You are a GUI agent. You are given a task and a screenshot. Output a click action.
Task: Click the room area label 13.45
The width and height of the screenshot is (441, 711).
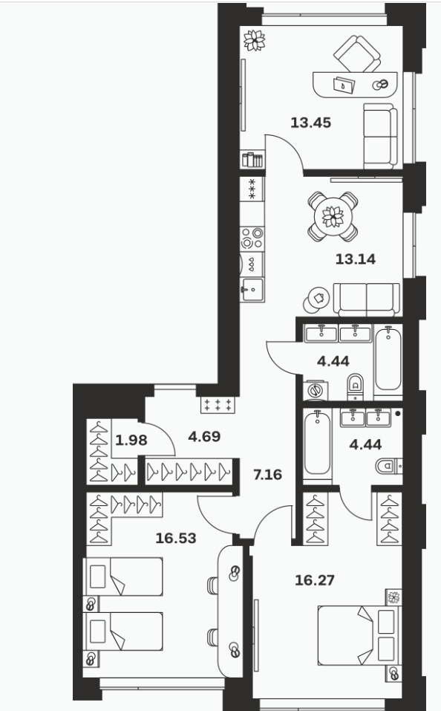click(x=310, y=123)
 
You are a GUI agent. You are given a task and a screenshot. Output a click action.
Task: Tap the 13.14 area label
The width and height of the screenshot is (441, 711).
click(x=356, y=259)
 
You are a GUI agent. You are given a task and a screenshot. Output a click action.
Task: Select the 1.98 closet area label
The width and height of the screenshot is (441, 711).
click(x=131, y=441)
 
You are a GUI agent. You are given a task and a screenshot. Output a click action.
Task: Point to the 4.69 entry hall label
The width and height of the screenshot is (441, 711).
click(x=204, y=437)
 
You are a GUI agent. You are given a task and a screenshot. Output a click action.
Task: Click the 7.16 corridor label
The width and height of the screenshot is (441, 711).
click(x=267, y=475)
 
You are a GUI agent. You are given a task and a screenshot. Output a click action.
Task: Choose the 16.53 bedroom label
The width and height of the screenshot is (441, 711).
click(x=176, y=538)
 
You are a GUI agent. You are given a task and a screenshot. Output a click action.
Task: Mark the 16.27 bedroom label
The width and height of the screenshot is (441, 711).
click(x=315, y=580)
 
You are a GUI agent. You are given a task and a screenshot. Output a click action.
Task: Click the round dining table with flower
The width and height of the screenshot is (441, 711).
click(x=333, y=216)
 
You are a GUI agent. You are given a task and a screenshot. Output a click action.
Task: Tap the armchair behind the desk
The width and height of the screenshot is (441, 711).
click(x=357, y=53)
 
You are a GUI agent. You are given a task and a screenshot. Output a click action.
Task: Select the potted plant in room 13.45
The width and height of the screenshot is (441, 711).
click(x=254, y=40)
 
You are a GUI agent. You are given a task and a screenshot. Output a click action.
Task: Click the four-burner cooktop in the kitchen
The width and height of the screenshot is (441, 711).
click(x=252, y=238)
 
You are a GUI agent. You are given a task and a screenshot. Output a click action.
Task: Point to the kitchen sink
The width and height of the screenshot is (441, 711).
click(x=252, y=290)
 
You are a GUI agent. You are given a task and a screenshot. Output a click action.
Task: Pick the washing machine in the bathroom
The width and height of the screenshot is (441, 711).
click(x=316, y=390)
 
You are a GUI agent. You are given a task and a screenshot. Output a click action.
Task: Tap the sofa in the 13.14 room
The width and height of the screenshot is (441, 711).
click(x=367, y=299)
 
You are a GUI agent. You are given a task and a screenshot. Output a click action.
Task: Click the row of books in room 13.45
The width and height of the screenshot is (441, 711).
click(x=252, y=160)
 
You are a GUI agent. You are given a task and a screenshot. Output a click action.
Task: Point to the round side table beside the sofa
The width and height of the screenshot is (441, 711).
click(x=316, y=299)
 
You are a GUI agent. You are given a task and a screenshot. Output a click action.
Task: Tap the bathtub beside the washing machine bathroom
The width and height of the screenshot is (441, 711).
click(x=388, y=359)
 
